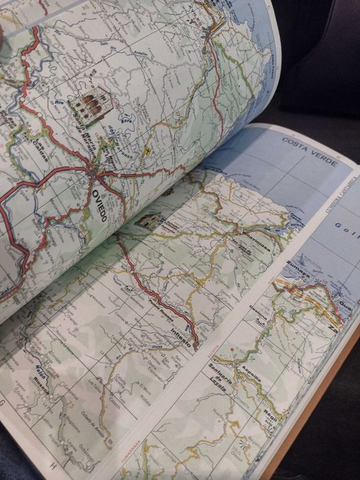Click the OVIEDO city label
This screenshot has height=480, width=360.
click(99, 205)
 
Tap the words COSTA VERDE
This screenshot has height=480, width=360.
click(309, 151)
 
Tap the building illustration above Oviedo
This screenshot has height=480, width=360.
click(88, 107)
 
